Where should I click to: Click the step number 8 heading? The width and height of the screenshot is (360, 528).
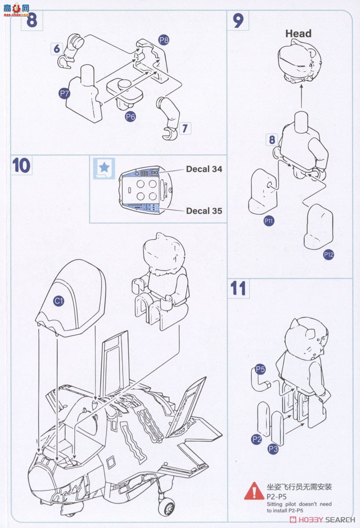click(31, 21)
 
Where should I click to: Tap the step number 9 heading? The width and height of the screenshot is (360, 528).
click(238, 21)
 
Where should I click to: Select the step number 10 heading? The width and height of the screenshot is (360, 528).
click(21, 165)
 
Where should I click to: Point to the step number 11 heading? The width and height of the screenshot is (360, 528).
click(238, 289)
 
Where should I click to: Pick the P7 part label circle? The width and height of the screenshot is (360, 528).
click(64, 93)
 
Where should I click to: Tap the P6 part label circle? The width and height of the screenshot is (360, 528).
click(130, 117)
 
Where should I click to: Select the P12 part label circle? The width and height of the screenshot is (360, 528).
click(328, 254)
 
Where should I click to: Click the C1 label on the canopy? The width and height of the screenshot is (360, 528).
click(59, 301)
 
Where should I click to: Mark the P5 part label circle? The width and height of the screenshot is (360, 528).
click(260, 369)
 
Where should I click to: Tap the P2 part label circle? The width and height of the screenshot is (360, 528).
click(257, 439)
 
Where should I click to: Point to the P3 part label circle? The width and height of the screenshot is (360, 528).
click(273, 449)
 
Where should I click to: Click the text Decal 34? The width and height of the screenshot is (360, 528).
click(204, 169)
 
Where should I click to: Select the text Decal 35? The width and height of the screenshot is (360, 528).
click(204, 211)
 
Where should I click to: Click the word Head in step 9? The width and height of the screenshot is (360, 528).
click(298, 33)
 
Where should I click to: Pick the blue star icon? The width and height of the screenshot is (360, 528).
click(104, 167)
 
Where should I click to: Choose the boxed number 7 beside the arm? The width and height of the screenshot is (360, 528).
click(185, 128)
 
